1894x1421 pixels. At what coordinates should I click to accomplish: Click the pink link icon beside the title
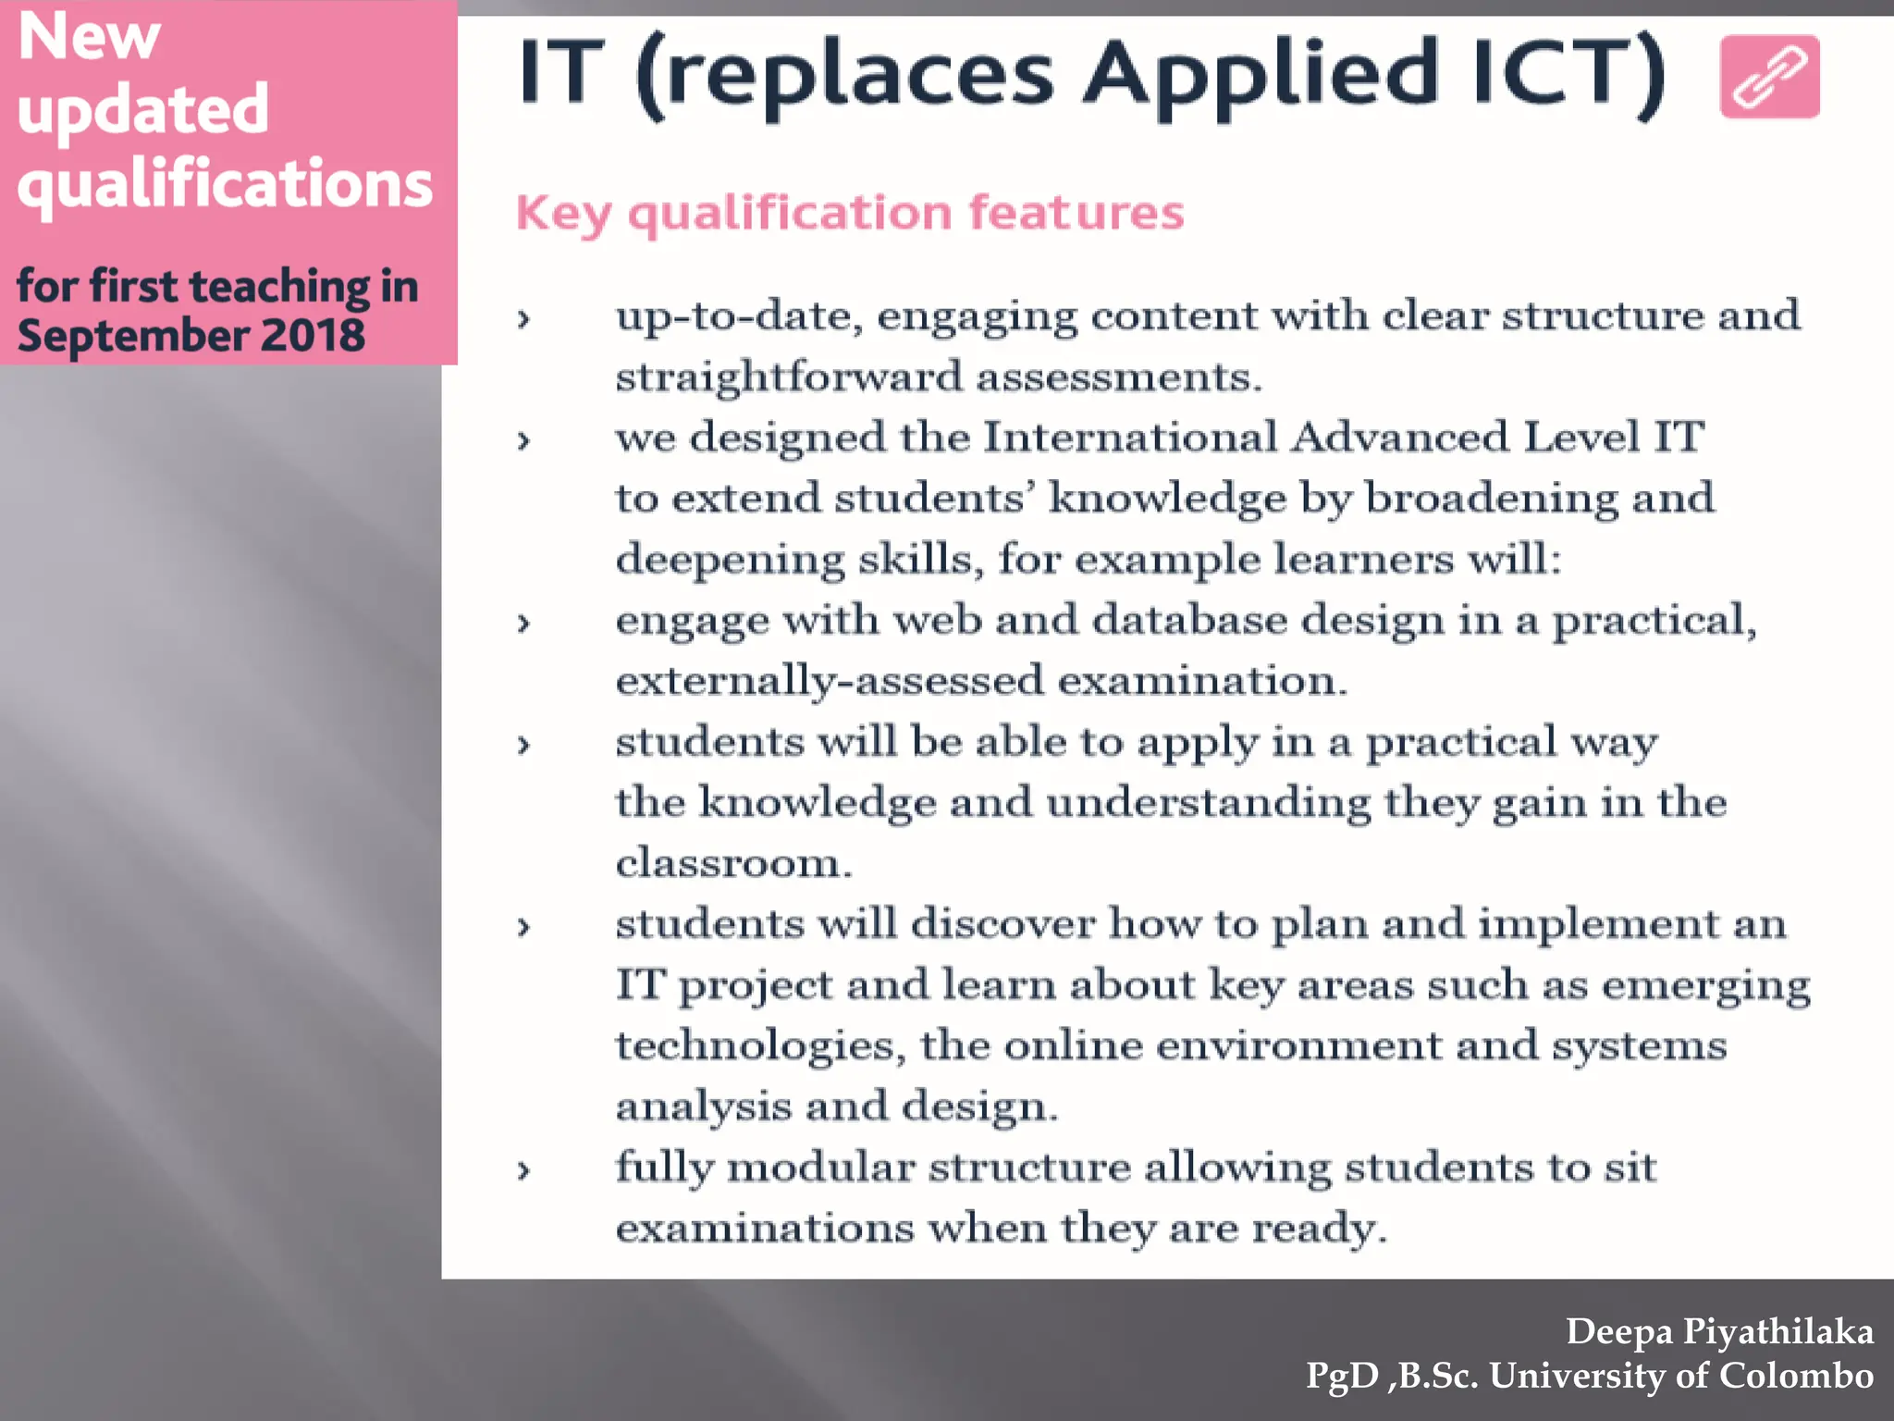[x=1769, y=77]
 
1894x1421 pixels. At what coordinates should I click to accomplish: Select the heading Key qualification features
[x=850, y=213]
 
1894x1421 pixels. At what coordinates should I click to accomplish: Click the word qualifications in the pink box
[x=225, y=184]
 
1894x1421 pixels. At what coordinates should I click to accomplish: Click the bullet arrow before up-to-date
[x=523, y=320]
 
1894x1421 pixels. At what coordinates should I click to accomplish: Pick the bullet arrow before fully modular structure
[x=523, y=1171]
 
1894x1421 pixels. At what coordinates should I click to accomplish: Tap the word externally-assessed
[x=829, y=681]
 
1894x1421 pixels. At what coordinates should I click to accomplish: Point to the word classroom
[x=732, y=863]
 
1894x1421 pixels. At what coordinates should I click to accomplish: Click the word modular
[x=820, y=1168]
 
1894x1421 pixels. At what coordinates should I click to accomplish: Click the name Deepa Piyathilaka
[x=1719, y=1331]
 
